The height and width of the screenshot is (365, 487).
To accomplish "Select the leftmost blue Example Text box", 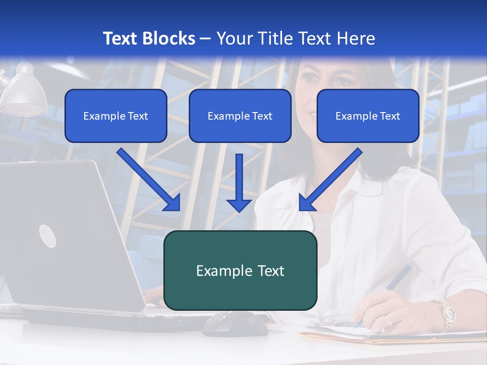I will pyautogui.click(x=116, y=116).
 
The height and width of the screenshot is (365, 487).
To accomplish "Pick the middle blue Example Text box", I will pyautogui.click(x=240, y=116).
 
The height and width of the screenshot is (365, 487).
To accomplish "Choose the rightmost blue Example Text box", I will pyautogui.click(x=368, y=116).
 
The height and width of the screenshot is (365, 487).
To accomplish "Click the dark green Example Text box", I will pyautogui.click(x=240, y=271).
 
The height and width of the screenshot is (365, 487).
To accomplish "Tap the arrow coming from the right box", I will pyautogui.click(x=330, y=180).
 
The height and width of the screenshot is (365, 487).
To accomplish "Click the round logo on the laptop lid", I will pyautogui.click(x=47, y=236).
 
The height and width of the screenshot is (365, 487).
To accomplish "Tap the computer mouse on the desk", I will pyautogui.click(x=236, y=323).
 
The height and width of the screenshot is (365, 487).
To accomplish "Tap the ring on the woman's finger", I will pyautogui.click(x=388, y=319).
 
